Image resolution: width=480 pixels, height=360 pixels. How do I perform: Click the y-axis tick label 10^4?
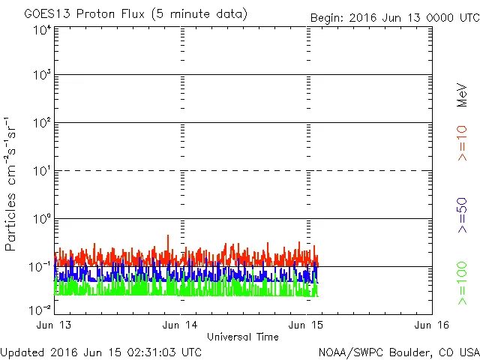coord(42,30)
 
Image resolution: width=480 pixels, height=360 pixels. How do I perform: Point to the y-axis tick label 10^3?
coord(42,76)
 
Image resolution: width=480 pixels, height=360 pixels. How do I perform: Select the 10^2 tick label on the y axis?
coord(42,123)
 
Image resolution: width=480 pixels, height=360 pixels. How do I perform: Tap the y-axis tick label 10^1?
coord(42,171)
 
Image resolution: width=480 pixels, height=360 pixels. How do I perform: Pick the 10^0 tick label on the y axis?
coord(42,219)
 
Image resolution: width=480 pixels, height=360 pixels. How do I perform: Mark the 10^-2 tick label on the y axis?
coord(40,310)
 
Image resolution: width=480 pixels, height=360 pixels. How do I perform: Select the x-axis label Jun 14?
coord(181,325)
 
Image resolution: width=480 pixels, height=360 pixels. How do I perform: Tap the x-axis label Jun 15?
coord(307,325)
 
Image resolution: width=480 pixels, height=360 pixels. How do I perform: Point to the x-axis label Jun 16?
coord(432,325)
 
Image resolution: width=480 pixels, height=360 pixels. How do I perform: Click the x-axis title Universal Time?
coord(242,337)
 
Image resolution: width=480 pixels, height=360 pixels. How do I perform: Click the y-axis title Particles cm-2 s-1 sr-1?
coord(12,184)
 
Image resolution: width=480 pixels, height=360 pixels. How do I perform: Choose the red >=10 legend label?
coord(462,142)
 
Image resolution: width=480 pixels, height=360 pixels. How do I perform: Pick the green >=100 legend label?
coord(462,283)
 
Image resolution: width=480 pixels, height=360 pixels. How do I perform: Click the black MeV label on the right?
coord(462,95)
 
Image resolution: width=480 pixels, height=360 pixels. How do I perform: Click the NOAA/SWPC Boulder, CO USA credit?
coord(398,352)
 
